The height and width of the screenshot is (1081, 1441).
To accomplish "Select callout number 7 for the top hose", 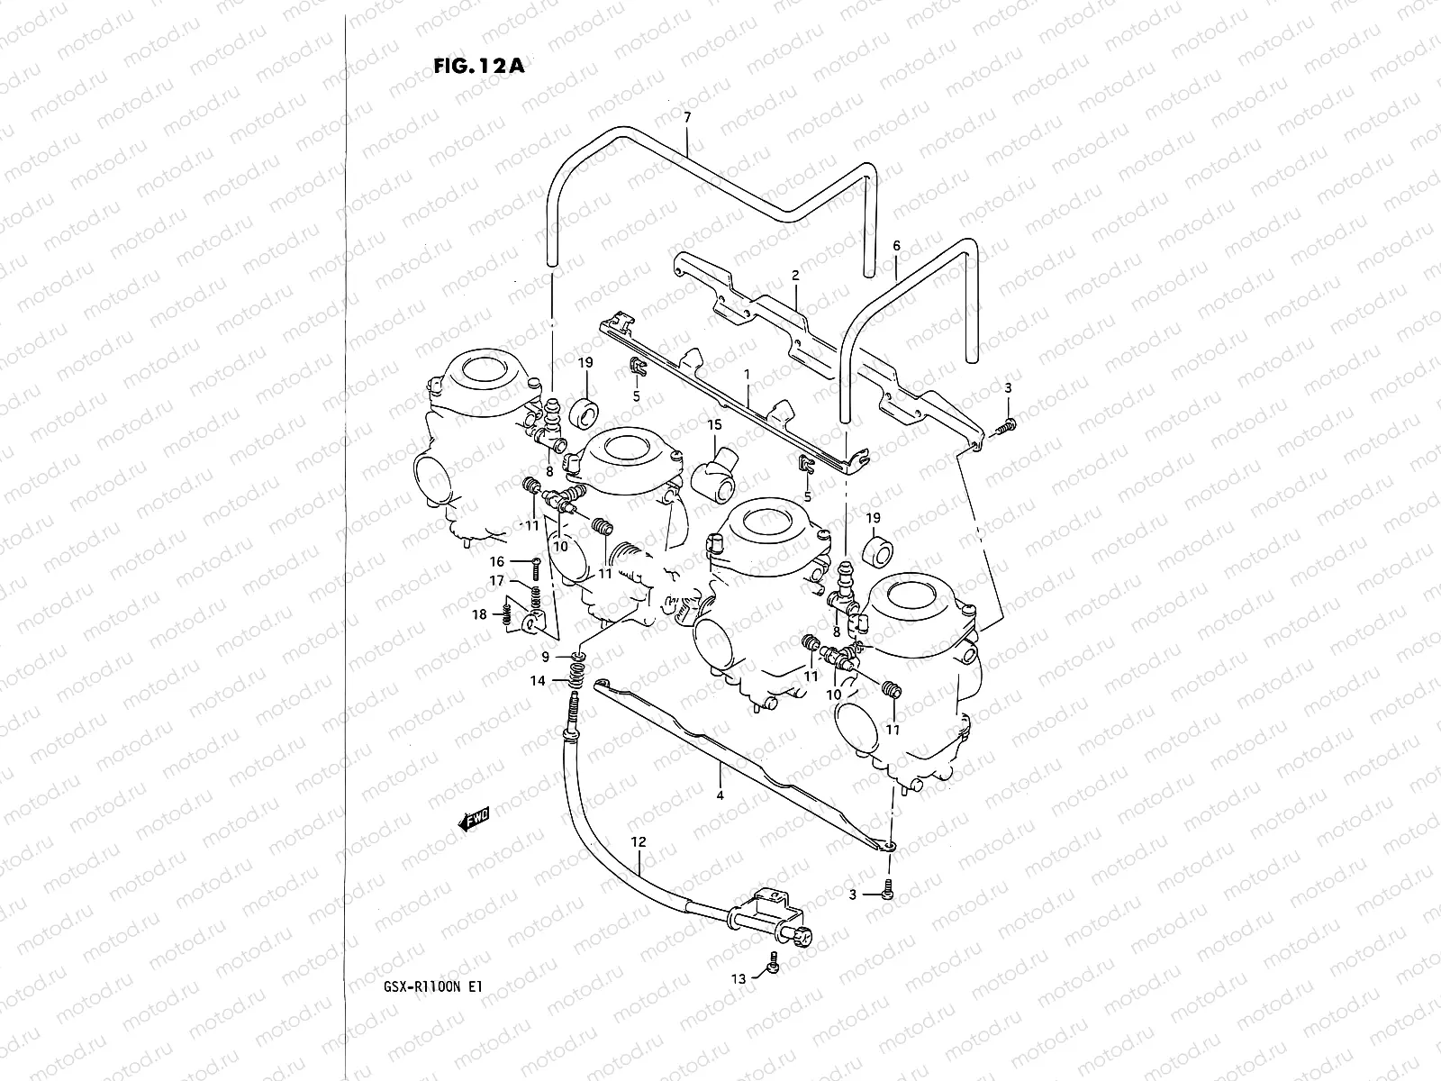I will pos(687,118).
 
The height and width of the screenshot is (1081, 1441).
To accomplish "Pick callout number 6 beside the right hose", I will pos(896,246).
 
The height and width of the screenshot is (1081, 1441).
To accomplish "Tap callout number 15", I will pos(714,424).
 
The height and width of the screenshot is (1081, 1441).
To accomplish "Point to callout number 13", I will pos(739,978).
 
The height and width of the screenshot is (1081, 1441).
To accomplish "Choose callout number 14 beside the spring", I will pos(538,681).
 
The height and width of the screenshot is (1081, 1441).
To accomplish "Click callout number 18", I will pos(480,614).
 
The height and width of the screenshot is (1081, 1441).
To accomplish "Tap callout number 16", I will pos(496,560).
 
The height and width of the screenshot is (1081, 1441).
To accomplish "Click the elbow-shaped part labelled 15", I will pos(714,474).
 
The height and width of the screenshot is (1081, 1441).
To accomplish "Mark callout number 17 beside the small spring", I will pos(496,582).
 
